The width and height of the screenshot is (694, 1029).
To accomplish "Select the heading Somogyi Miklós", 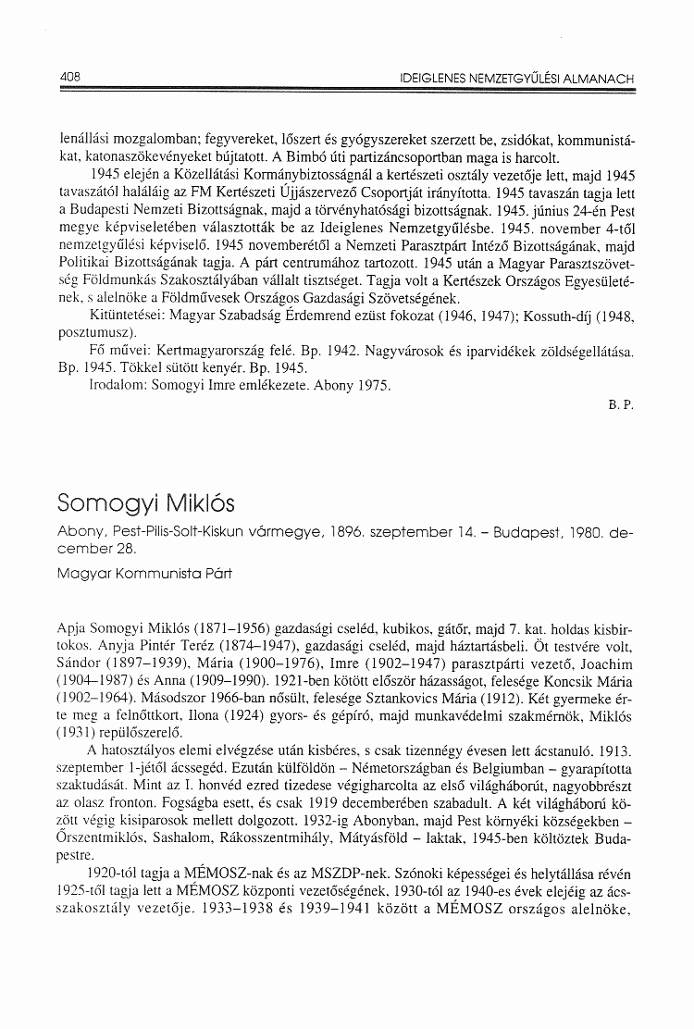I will [146, 504].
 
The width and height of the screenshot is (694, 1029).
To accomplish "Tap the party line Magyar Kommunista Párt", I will [143, 574].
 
